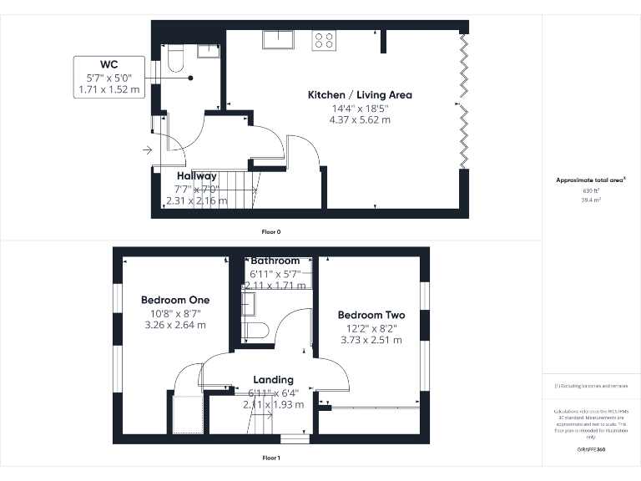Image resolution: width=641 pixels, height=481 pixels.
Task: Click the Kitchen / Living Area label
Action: [x=360, y=95]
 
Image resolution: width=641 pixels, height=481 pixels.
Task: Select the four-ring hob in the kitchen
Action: [x=324, y=40]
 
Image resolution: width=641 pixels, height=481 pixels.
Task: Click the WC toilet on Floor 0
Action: [x=175, y=58]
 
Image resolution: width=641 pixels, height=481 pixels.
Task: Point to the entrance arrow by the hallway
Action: [x=147, y=150]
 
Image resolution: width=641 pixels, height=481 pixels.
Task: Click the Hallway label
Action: [x=196, y=176]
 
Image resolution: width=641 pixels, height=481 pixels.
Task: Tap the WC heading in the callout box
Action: [x=109, y=64]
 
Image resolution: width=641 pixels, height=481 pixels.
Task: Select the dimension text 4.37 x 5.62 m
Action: [x=360, y=120]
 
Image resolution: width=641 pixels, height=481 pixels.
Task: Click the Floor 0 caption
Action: [x=271, y=230]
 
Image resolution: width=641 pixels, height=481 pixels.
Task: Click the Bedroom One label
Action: [x=175, y=300]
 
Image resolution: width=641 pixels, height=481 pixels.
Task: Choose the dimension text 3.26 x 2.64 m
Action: [x=175, y=326]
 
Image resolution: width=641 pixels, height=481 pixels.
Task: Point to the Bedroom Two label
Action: [x=371, y=315]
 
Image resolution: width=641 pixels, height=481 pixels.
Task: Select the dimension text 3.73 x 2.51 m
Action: [x=371, y=340]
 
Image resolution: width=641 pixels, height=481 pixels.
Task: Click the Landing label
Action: [x=274, y=380]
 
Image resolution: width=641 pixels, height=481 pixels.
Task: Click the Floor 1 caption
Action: [x=271, y=458]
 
